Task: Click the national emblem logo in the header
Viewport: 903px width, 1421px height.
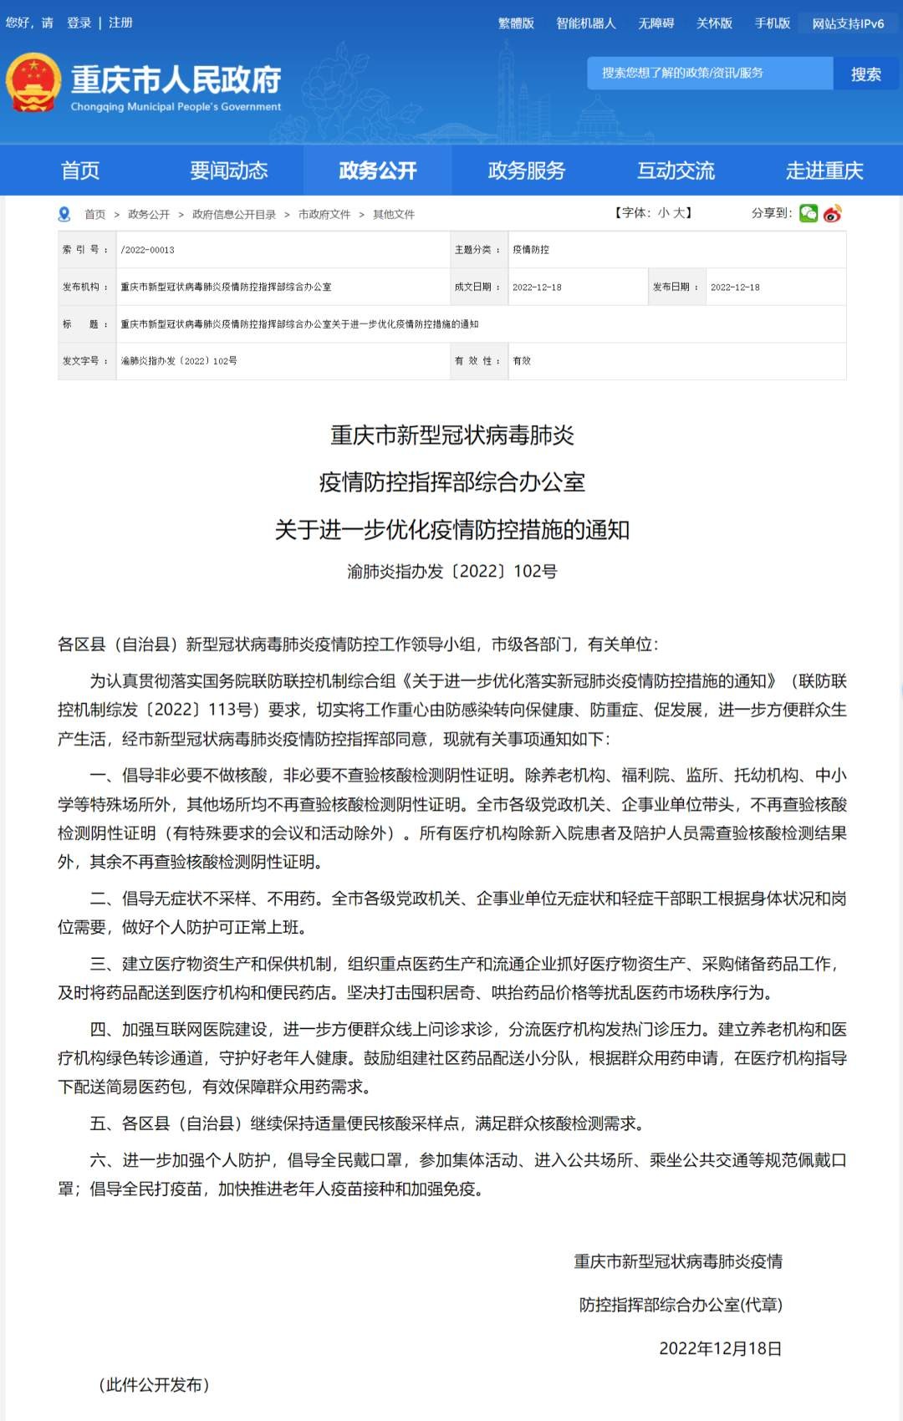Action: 33,83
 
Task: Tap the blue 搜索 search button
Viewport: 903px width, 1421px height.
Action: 865,74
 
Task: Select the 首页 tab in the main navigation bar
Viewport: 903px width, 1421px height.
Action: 80,171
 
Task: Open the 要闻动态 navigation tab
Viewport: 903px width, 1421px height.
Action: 228,171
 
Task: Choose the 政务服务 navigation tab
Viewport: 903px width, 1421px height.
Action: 526,171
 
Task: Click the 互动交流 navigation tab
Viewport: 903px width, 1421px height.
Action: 676,171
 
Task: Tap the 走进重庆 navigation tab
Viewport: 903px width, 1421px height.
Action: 824,171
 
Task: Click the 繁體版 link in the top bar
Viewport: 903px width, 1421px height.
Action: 516,23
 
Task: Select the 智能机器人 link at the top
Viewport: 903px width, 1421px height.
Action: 585,23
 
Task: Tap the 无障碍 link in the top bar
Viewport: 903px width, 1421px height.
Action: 656,23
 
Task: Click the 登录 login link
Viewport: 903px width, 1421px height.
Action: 79,23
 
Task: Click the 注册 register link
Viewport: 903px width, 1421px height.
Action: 120,23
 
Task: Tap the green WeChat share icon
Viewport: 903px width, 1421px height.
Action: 809,213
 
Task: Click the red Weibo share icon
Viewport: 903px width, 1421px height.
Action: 832,213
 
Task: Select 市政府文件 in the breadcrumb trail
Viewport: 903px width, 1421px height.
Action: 324,215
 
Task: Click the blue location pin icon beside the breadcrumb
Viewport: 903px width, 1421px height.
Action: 64,214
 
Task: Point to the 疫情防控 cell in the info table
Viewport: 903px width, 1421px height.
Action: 531,250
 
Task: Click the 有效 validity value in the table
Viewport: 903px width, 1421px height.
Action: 522,361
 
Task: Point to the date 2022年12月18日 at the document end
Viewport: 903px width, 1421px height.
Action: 720,1348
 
